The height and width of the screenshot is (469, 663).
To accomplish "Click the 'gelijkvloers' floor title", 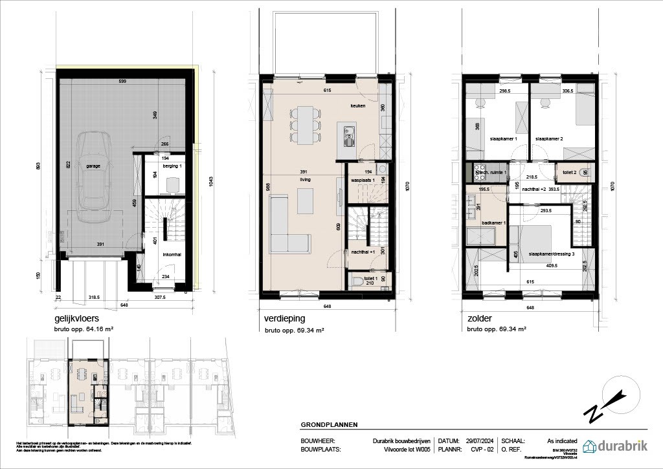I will [x=80, y=319].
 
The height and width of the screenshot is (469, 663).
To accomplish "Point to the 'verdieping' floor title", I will [x=284, y=319].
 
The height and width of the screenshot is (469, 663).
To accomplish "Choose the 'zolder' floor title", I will [x=479, y=319].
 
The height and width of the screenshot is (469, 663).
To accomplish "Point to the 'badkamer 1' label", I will [x=486, y=222].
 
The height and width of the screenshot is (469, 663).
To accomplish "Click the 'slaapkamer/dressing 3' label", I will [x=551, y=254].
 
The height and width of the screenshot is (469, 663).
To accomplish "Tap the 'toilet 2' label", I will [x=570, y=172].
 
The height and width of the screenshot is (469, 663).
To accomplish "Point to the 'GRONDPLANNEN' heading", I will [x=329, y=425].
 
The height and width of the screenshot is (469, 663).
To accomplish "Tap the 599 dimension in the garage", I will [x=122, y=81].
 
